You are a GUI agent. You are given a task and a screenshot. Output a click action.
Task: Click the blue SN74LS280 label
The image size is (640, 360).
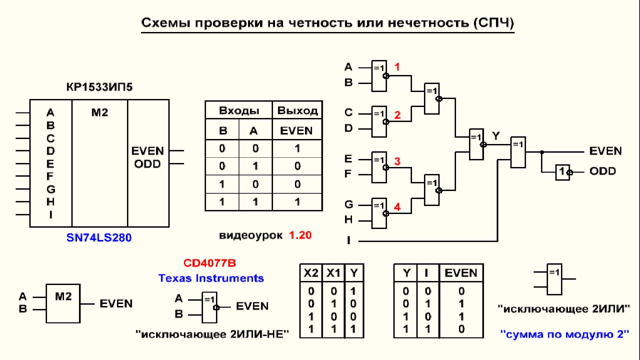click(99, 238)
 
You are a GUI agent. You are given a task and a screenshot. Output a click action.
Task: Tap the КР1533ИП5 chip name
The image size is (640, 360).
click(99, 87)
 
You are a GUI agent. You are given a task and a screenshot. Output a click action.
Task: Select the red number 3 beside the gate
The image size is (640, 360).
click(397, 161)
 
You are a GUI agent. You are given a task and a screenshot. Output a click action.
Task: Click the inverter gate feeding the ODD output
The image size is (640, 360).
click(563, 172)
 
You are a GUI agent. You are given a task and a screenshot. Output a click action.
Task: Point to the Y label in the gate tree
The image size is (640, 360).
click(496, 136)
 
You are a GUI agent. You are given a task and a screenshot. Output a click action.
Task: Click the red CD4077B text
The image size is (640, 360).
click(210, 263)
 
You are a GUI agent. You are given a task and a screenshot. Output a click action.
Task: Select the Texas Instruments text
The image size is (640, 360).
click(211, 278)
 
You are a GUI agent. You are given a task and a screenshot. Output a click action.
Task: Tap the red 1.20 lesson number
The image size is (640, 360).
click(300, 235)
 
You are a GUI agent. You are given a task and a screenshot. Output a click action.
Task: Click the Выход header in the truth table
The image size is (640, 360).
click(297, 111)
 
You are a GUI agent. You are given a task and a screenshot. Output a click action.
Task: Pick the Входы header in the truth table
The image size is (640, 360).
click(239, 111)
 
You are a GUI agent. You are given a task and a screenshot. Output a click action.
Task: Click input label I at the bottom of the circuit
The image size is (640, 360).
click(349, 240)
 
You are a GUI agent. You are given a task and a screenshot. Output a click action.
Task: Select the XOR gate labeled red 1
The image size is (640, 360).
click(379, 76)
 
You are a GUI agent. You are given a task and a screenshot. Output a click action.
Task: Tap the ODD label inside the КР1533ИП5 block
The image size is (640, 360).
click(147, 164)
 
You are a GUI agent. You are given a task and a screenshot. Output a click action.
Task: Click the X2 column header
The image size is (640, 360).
click(311, 273)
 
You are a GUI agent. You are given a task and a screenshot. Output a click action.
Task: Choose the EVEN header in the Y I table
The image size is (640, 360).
click(461, 273)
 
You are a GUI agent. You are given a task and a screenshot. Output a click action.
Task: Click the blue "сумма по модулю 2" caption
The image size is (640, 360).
click(565, 334)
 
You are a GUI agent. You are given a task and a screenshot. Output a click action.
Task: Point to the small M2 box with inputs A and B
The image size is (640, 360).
click(63, 303)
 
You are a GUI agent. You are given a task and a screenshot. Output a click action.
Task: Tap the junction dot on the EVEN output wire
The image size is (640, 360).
click(542, 152)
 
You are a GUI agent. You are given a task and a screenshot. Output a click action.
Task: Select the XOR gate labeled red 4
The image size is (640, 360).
click(379, 213)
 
